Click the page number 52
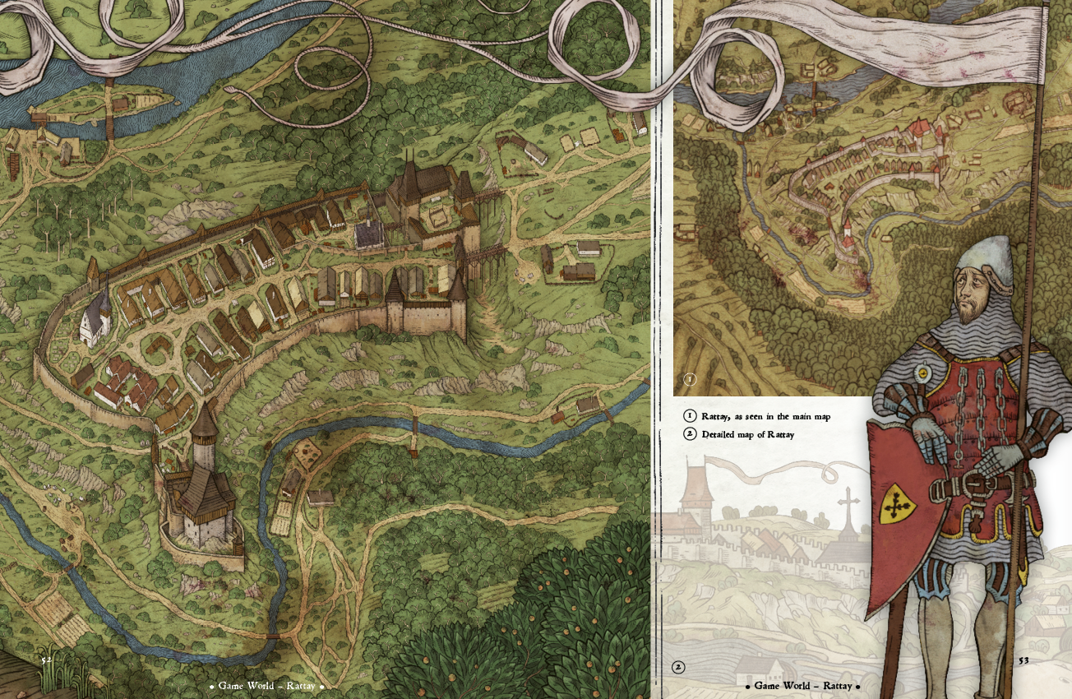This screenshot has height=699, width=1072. pos(47,659)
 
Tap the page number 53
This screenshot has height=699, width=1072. pos(1023,660)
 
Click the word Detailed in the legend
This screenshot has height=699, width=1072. pos(719,434)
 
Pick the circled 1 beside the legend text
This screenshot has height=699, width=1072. pos(690,416)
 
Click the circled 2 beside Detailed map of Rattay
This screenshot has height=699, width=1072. pos(690,434)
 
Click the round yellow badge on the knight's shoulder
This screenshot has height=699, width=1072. pos(923,373)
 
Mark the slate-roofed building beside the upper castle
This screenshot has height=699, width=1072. pos(370,234)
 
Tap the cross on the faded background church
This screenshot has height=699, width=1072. pos(848,502)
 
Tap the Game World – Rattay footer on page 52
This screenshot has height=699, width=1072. pos(266,686)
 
